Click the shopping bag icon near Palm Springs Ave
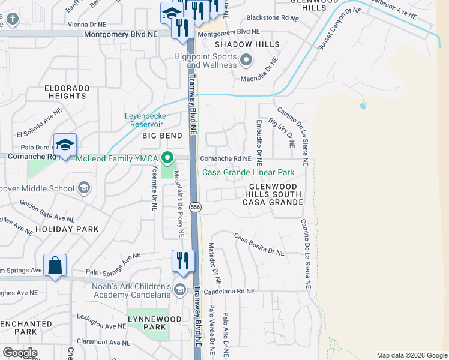pos(55,265)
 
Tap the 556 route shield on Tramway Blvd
pos(195,207)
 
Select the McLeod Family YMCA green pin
pos(167,158)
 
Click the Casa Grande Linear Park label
pos(248,172)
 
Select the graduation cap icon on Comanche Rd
pos(65,145)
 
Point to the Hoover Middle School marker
pos(84,188)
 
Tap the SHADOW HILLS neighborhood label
pos(247,45)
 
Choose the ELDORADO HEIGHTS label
pos(67,92)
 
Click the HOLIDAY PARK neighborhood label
pos(67,229)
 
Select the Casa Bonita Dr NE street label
pos(259,245)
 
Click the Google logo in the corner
pos(20,352)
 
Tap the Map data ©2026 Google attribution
pos(412,355)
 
